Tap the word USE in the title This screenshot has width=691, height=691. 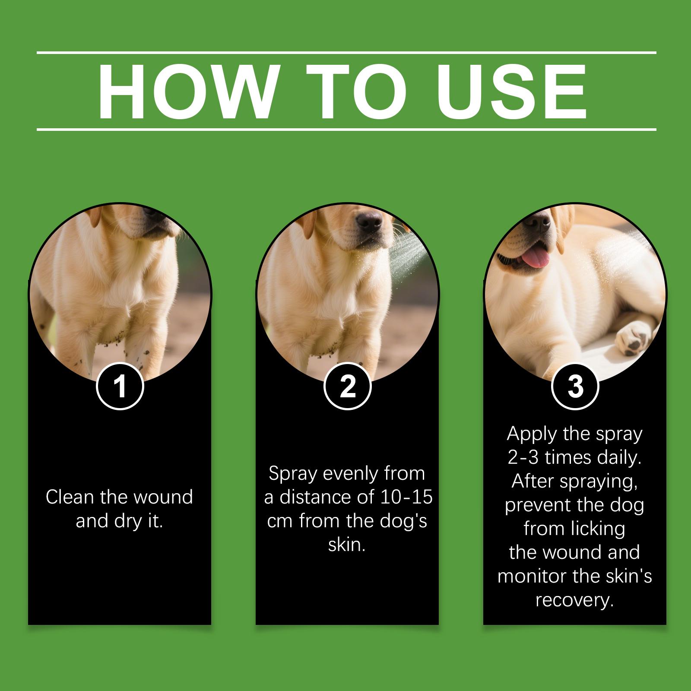tap(511, 92)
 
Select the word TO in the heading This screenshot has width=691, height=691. tap(355, 92)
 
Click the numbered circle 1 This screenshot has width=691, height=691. tap(120, 386)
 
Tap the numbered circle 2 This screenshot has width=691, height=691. tap(348, 386)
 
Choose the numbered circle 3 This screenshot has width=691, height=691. tap(575, 386)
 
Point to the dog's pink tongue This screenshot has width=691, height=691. tap(535, 257)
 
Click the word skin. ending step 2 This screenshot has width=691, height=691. tap(347, 545)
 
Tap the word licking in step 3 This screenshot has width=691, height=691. tap(602, 529)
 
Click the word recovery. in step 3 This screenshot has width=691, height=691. tap(575, 601)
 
